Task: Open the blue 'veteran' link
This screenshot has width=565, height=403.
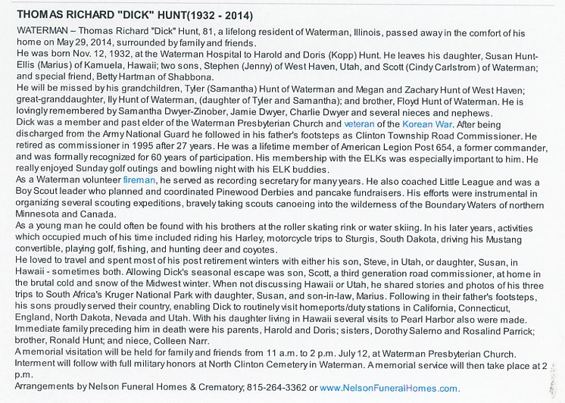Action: pos(359,123)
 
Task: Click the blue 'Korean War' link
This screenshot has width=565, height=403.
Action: pos(414,123)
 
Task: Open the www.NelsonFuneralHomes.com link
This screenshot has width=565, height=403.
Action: pos(389,387)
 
